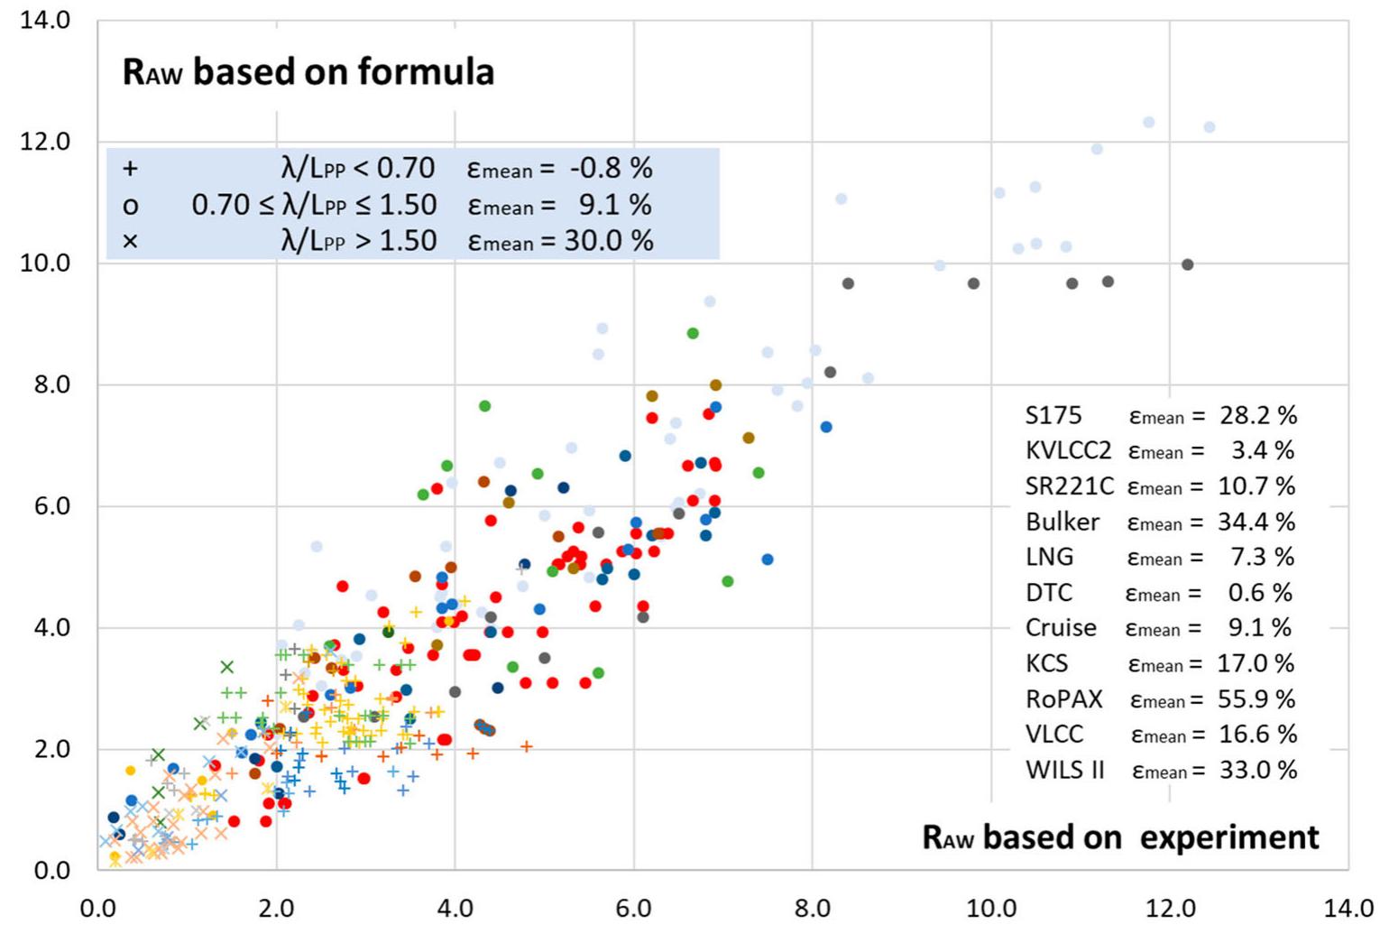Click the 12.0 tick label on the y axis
pos(45,142)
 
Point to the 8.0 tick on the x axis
pos(812,908)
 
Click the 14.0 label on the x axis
pos(1348,908)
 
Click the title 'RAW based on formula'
pos(308,71)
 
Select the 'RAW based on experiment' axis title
pos(1120,837)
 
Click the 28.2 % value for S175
pos(1258,415)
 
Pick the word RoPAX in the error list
pos(1064,699)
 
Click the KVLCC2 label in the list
pos(1069,450)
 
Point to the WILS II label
pos(1065,771)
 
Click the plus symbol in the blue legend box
pos(130,169)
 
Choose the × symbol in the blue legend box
pos(130,241)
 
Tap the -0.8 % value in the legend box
pos(611,169)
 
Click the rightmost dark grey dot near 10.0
pos(1187,264)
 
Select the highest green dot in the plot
pos(693,333)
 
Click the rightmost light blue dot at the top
pos(1210,127)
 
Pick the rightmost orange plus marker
pos(527,746)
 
